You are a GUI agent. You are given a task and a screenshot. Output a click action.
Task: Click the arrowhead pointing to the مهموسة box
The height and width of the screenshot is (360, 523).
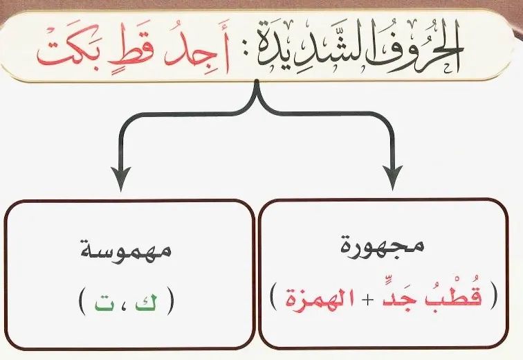120,179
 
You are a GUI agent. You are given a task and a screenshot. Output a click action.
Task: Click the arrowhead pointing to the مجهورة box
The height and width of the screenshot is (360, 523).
392,178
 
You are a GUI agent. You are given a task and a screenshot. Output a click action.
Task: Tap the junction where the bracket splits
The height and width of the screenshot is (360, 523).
257,95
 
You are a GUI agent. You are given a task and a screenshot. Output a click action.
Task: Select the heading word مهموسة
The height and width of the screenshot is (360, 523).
126,250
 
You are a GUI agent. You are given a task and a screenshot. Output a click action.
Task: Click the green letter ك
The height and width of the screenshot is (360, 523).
145,303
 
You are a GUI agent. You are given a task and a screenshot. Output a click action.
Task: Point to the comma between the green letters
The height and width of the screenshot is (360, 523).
125,304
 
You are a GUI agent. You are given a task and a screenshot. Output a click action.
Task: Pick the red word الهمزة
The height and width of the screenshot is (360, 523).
315,298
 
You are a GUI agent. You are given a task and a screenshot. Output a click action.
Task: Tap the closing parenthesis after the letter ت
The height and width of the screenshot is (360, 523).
82,302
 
